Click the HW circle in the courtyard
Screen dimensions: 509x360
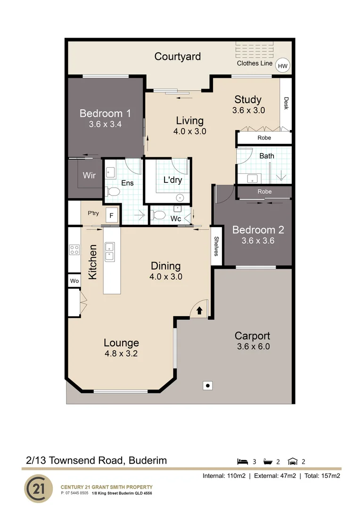point(283,66)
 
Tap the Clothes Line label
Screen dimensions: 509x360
point(254,63)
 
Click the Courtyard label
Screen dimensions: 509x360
point(178,57)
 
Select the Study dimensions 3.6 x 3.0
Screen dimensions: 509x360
point(248,110)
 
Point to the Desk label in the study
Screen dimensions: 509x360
point(286,103)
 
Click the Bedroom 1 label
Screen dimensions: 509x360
point(105,113)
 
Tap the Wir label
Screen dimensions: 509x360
point(90,175)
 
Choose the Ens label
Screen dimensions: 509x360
point(127,183)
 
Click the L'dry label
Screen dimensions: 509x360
point(172,180)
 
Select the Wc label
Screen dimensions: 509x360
point(176,219)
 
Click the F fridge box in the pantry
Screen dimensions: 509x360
point(111,216)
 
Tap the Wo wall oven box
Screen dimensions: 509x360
point(74,281)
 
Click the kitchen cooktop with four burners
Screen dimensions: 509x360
point(74,250)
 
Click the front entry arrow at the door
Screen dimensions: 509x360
point(199,311)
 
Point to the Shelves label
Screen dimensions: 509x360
point(216,246)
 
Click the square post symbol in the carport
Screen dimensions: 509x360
point(207,386)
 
